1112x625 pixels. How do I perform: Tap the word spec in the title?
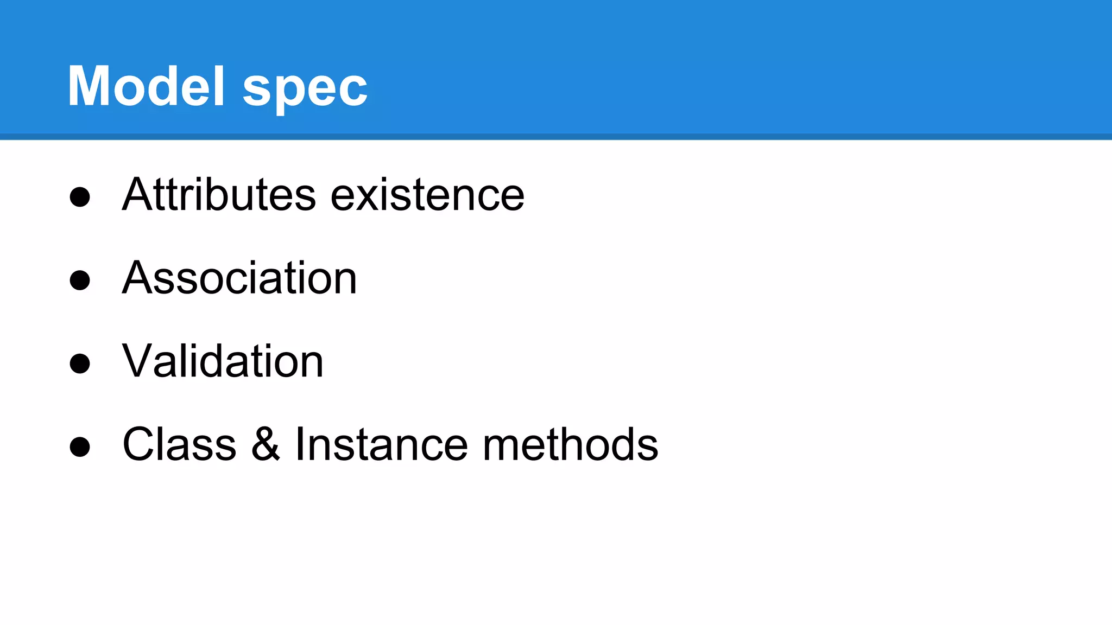(305, 90)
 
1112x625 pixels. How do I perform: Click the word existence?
(427, 195)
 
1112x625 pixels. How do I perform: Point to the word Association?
(239, 278)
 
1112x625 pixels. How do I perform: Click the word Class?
(180, 444)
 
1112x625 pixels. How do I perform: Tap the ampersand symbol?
(266, 444)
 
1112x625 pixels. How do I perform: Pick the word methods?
(570, 444)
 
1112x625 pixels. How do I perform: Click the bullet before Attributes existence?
(80, 197)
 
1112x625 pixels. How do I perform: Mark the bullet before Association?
(80, 280)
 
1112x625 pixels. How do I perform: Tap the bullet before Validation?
(80, 363)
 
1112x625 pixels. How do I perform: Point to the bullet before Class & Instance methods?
(80, 447)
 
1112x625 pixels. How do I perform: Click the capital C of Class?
(140, 444)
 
